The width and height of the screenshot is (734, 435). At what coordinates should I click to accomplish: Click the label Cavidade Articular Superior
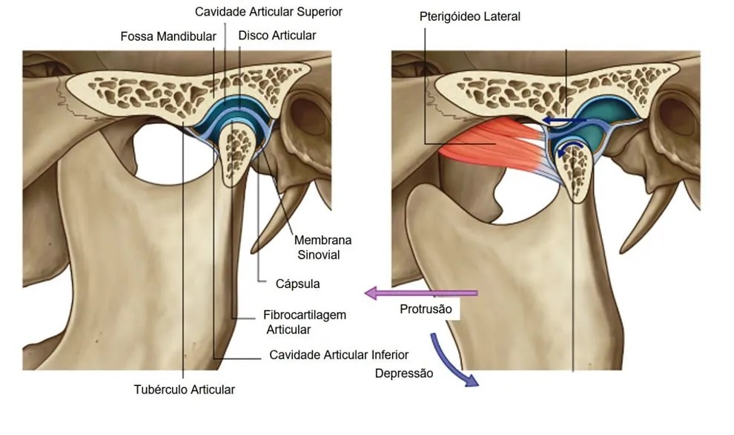tap(268, 12)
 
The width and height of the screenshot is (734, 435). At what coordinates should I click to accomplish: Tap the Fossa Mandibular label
tap(168, 36)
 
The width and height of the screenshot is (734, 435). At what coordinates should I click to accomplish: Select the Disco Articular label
tap(277, 35)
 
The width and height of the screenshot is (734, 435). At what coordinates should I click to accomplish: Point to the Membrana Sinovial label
tap(323, 247)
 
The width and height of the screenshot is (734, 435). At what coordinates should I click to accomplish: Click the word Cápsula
tap(298, 284)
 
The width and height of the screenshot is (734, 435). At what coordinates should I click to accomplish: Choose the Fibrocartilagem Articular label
tap(305, 322)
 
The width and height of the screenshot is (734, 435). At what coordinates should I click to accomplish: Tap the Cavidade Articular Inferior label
tap(339, 355)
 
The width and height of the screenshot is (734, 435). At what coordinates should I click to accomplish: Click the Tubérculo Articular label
tap(185, 390)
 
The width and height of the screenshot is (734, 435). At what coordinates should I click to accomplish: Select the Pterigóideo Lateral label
tap(469, 16)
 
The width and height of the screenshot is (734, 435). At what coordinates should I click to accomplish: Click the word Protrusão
tap(426, 309)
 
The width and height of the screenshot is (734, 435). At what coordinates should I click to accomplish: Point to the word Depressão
tap(404, 373)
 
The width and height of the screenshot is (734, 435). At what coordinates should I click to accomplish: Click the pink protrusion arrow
tap(421, 293)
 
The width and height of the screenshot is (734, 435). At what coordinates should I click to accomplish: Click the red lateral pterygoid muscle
tap(492, 144)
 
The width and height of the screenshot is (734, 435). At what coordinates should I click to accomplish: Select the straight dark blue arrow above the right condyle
tap(564, 122)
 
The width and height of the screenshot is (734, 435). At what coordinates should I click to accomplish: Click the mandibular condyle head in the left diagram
tap(238, 151)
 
